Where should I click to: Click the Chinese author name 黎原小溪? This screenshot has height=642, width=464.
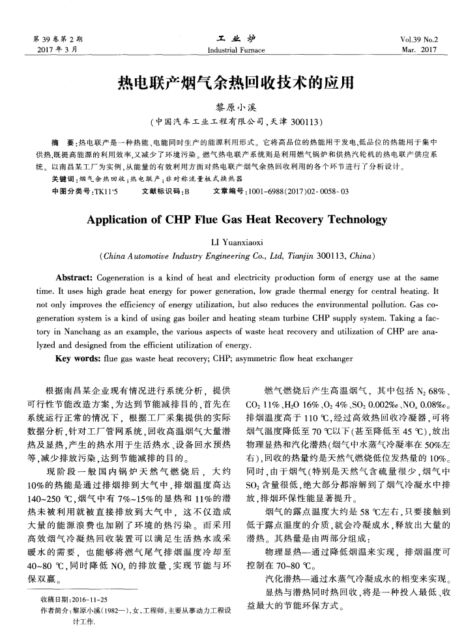233,106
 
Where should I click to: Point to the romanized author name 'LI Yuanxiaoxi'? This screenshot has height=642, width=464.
232,241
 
